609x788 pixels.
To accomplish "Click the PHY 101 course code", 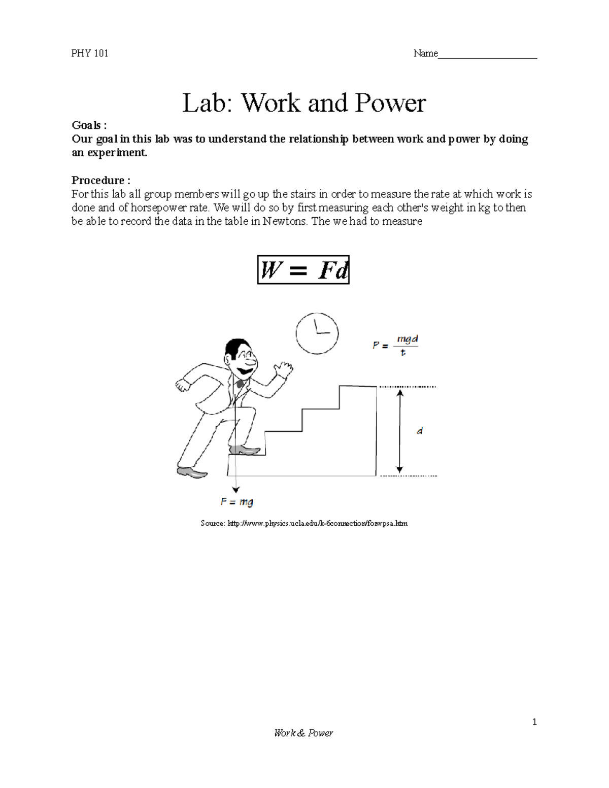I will (90, 53).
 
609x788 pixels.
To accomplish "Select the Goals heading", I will (89, 125).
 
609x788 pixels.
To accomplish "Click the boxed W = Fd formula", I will (303, 270).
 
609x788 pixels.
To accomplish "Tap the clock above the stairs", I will (317, 333).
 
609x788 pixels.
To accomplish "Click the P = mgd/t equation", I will (395, 345).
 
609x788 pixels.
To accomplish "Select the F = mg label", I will (236, 502).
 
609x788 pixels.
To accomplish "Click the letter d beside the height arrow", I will (419, 431).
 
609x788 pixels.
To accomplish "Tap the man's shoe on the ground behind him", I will (191, 473).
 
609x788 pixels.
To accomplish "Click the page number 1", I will (534, 722).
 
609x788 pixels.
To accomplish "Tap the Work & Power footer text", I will (303, 733).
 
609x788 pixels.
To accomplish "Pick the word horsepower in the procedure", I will (164, 208).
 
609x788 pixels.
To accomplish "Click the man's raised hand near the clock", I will (283, 368).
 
